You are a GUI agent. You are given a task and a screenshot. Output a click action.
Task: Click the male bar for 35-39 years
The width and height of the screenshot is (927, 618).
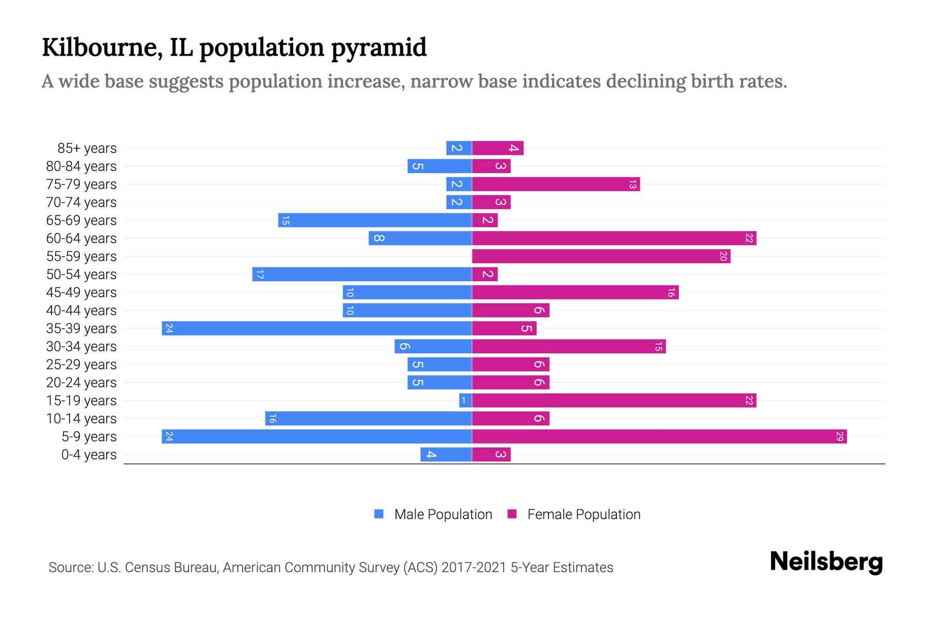(317, 329)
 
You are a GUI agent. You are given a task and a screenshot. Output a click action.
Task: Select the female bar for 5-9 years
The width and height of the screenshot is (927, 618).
(659, 437)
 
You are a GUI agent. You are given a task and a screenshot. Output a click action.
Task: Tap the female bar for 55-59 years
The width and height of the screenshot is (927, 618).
(601, 256)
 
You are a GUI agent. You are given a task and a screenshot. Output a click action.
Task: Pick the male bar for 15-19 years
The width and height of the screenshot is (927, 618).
(466, 401)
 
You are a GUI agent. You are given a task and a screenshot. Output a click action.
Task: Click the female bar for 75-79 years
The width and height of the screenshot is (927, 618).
(556, 184)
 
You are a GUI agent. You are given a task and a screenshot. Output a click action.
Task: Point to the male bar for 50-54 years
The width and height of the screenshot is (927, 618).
(362, 274)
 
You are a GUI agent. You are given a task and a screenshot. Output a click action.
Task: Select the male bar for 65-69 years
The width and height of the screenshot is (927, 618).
(375, 220)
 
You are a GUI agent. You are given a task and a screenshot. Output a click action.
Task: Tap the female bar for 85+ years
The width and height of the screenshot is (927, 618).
(497, 148)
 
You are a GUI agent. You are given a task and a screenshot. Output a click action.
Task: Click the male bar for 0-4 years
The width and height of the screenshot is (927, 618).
(446, 455)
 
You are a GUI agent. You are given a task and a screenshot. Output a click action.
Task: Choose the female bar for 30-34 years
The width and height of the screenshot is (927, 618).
(569, 347)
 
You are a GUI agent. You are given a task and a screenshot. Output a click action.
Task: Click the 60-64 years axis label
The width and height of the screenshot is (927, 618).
(81, 238)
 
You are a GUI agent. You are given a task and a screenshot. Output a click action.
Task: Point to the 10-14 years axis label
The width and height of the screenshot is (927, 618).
(81, 419)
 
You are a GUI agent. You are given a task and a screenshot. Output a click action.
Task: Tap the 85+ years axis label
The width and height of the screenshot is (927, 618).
(87, 148)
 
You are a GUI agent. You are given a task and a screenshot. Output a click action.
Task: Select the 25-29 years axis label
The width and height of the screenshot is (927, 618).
(81, 365)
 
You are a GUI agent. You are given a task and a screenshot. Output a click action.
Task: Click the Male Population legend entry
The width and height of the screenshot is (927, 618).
(443, 514)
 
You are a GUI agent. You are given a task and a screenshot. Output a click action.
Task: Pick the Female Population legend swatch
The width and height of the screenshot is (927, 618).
(512, 514)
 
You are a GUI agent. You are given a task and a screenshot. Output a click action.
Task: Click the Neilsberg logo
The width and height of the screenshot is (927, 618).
(826, 562)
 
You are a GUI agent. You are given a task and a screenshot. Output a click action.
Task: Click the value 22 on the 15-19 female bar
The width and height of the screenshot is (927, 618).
(749, 401)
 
